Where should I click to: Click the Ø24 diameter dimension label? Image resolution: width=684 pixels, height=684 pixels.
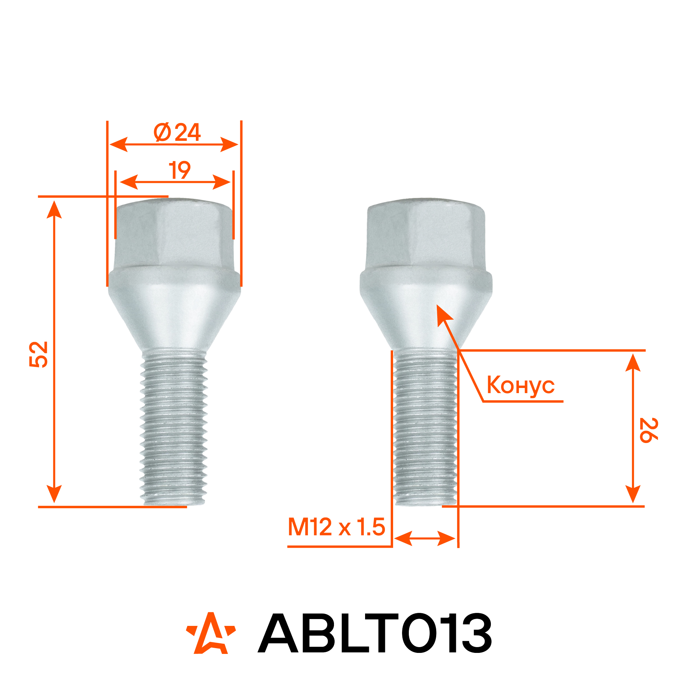click(177, 132)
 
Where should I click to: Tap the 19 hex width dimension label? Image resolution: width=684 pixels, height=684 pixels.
click(179, 170)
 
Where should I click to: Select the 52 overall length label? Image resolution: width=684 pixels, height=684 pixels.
click(38, 354)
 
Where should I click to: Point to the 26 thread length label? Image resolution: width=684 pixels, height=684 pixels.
click(648, 430)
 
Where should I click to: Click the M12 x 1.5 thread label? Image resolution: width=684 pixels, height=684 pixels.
click(336, 527)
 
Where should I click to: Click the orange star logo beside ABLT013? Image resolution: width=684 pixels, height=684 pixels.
click(211, 633)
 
